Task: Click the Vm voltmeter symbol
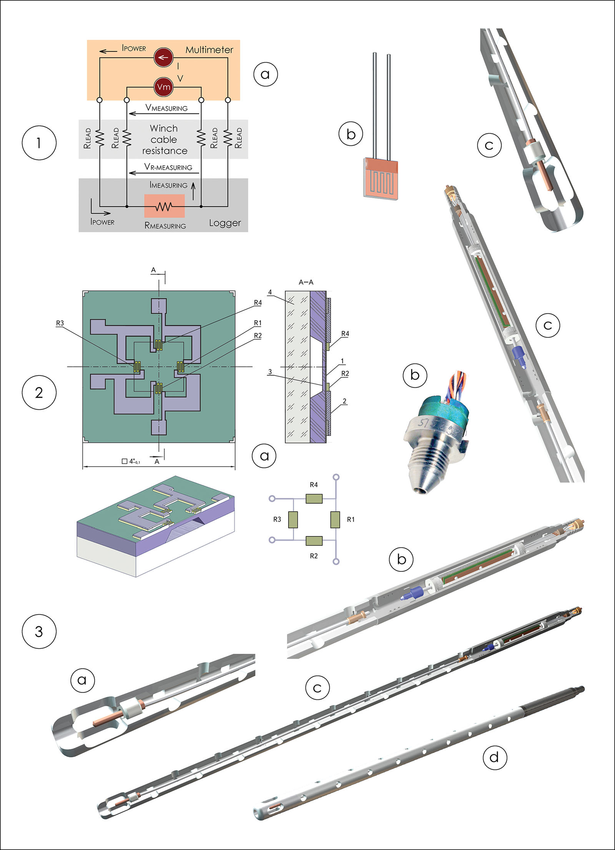click(x=163, y=87)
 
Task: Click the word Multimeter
click(x=209, y=50)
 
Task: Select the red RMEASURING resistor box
click(x=165, y=206)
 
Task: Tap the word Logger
click(x=225, y=223)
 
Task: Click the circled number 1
click(x=39, y=143)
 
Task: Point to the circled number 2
click(x=39, y=392)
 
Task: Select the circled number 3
click(x=39, y=632)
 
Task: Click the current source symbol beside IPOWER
click(x=163, y=58)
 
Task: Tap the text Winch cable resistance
click(x=164, y=139)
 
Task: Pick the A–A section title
click(x=306, y=282)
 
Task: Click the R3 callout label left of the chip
click(x=60, y=323)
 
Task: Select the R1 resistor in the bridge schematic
click(x=335, y=519)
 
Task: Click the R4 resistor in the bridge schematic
click(x=314, y=498)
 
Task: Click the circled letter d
click(x=495, y=757)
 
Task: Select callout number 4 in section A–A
click(x=270, y=292)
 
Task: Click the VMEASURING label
click(x=166, y=108)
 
